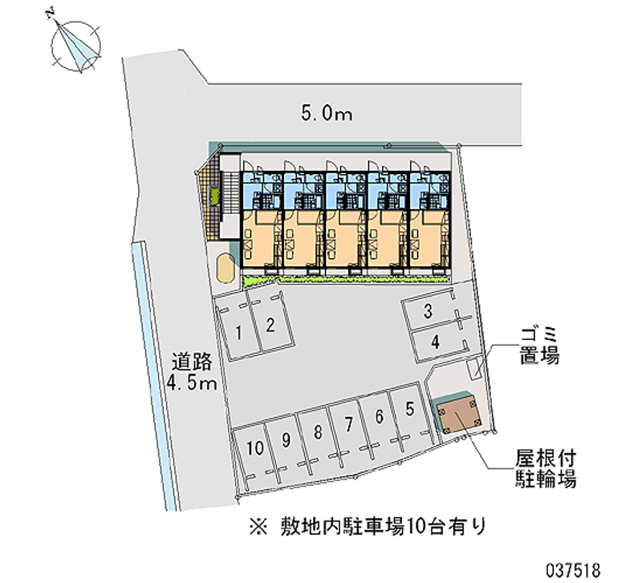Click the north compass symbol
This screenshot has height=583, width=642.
click(75, 44)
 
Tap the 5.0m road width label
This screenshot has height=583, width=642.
click(327, 114)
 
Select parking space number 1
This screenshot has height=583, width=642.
click(239, 329)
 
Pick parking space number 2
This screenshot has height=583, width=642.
click(270, 325)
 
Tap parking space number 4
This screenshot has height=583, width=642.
click(434, 342)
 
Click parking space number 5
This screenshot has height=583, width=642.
click(409, 409)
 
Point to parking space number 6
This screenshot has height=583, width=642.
click(379, 415)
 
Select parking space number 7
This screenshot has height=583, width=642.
click(348, 423)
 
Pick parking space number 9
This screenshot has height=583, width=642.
click(285, 440)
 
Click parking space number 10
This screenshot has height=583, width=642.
click(255, 448)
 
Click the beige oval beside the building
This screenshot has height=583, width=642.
click(225, 266)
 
